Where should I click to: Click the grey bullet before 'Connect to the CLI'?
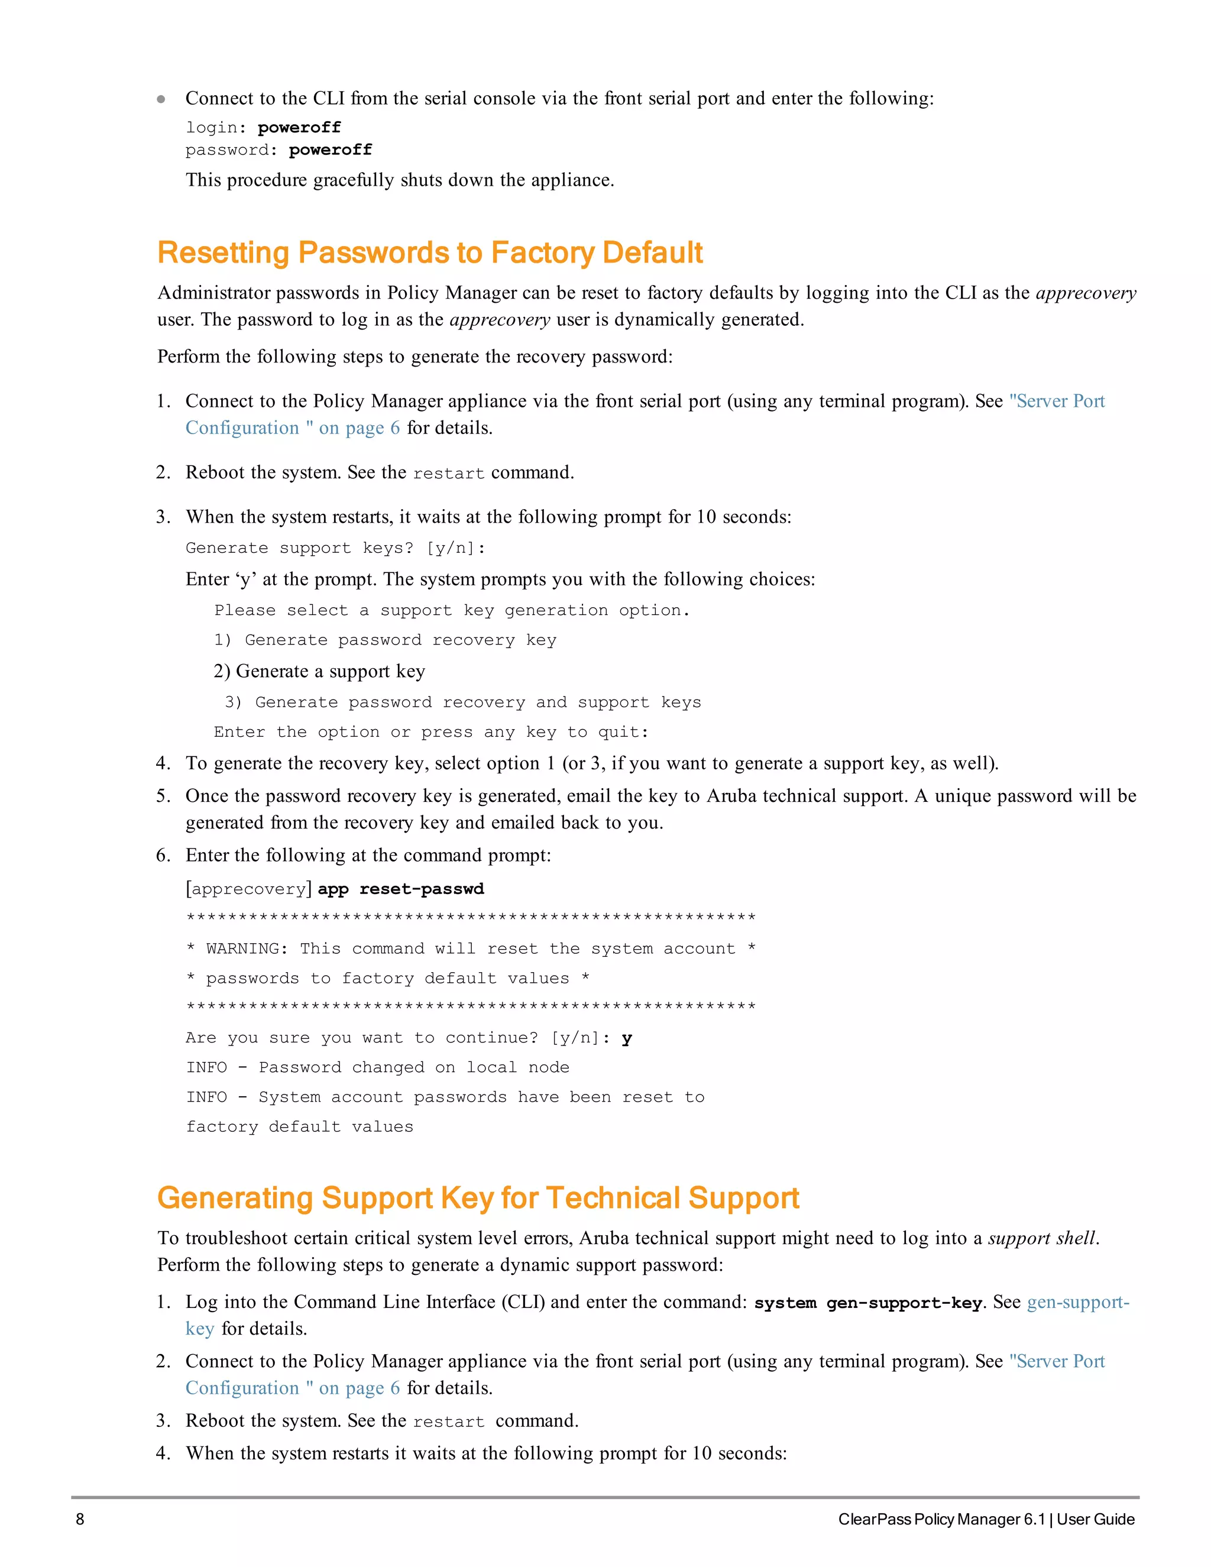point(161,99)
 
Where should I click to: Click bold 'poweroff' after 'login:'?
point(299,128)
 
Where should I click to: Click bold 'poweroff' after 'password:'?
point(330,150)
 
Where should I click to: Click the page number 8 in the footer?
point(80,1519)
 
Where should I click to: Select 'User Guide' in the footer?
point(1096,1519)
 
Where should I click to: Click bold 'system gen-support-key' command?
point(867,1303)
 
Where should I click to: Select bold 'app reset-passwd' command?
point(400,889)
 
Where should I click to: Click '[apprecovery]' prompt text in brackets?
point(248,889)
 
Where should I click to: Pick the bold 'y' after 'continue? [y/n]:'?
point(626,1038)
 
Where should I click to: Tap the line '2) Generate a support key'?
point(319,671)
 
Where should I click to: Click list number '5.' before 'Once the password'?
point(164,796)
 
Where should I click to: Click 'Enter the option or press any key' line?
point(430,732)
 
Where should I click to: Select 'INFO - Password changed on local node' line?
point(377,1067)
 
